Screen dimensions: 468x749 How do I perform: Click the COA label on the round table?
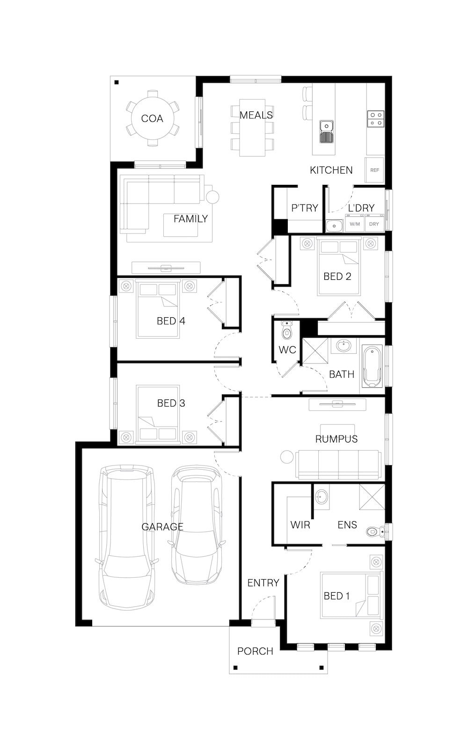pyautogui.click(x=152, y=118)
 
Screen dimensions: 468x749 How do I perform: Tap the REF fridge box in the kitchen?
pyautogui.click(x=374, y=170)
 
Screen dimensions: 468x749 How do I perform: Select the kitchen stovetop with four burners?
pyautogui.click(x=376, y=119)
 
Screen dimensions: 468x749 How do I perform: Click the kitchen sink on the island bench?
pyautogui.click(x=326, y=131)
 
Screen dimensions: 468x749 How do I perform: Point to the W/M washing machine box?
pyautogui.click(x=355, y=224)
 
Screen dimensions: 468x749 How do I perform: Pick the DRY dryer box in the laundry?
pyautogui.click(x=374, y=224)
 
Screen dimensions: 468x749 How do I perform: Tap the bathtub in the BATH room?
pyautogui.click(x=372, y=366)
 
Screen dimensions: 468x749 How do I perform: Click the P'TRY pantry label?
pyautogui.click(x=304, y=208)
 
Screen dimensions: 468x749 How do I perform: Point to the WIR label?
pyautogui.click(x=300, y=525)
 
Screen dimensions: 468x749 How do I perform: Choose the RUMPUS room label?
pyautogui.click(x=336, y=439)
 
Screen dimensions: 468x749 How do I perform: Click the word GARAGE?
pyautogui.click(x=162, y=527)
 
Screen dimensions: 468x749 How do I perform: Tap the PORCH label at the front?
pyautogui.click(x=255, y=651)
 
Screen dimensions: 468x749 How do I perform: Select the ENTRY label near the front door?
pyautogui.click(x=263, y=583)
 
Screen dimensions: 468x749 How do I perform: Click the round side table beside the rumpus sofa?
pyautogui.click(x=287, y=457)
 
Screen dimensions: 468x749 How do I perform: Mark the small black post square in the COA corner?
pyautogui.click(x=117, y=82)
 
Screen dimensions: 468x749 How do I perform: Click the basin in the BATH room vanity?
pyautogui.click(x=344, y=345)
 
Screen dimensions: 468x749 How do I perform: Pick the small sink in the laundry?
pyautogui.click(x=334, y=225)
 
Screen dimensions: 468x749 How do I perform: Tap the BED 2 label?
pyautogui.click(x=337, y=276)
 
